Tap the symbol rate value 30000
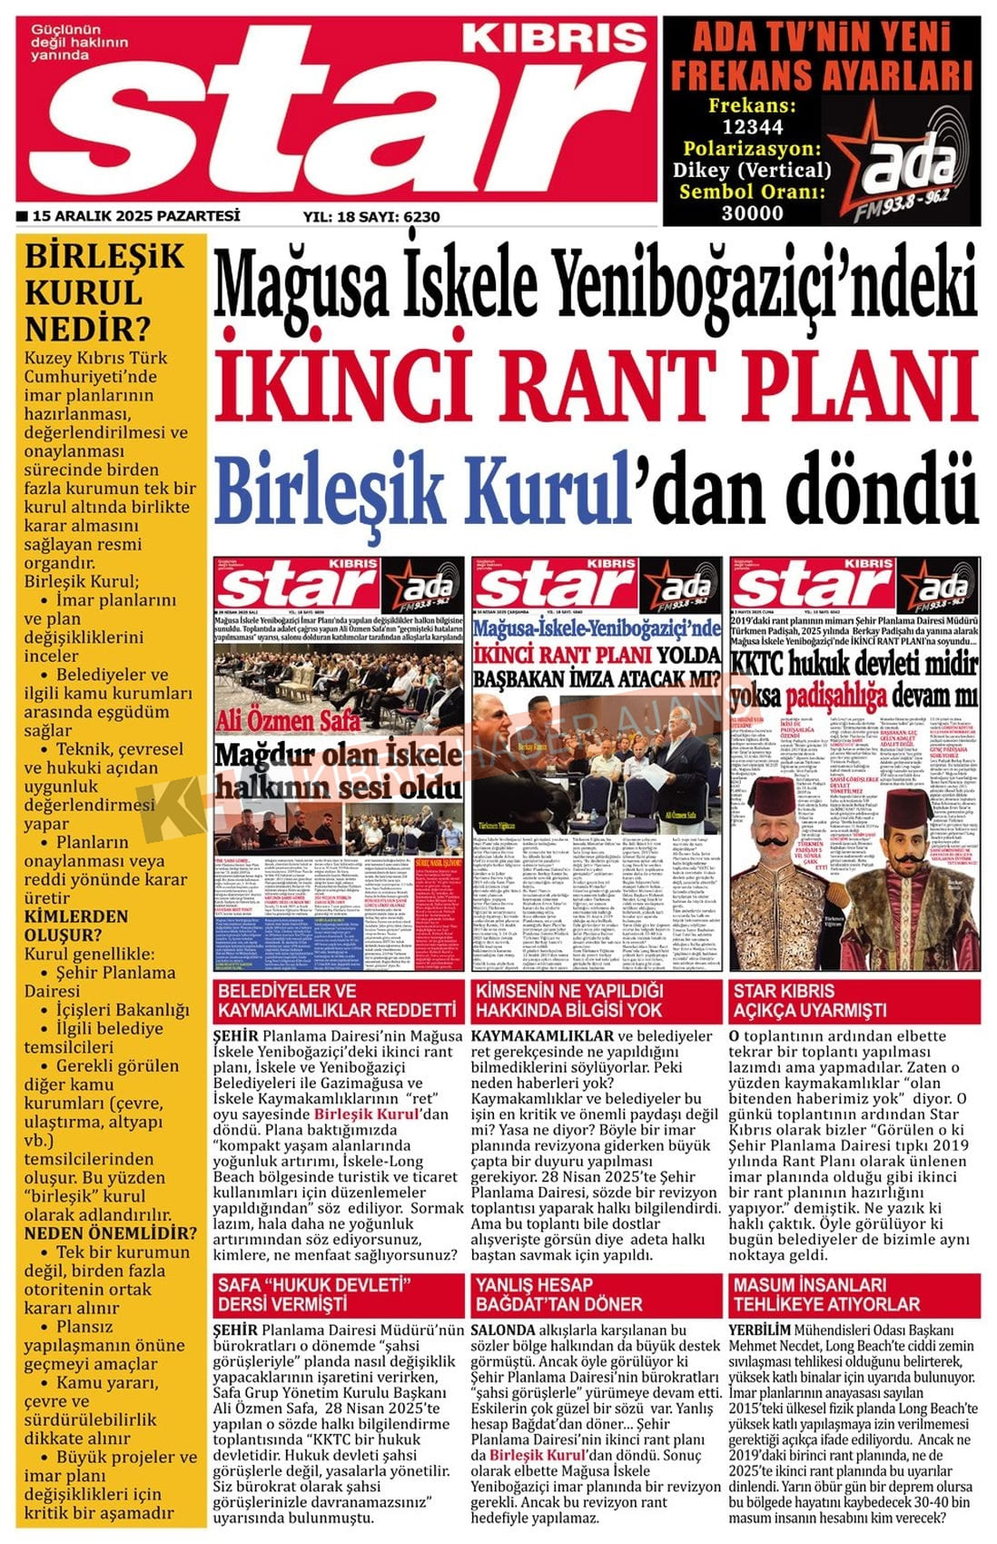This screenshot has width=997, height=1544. pos(752,213)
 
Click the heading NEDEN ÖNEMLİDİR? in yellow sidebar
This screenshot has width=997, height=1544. pos(110,1232)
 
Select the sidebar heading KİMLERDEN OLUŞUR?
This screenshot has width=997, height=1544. pos(76,925)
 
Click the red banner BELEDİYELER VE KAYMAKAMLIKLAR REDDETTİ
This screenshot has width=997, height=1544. pos(337,1000)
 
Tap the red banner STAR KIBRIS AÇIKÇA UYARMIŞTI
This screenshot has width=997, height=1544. pos(810,1000)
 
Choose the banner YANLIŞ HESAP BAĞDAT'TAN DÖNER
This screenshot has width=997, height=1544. pos(558,1294)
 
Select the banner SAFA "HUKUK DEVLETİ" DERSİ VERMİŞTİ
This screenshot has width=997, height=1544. pos(313,1294)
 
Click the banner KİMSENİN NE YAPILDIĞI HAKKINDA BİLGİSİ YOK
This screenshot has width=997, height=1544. pos(569,1000)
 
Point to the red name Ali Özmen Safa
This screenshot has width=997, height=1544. pos(289,720)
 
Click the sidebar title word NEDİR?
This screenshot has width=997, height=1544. pos(87,328)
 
